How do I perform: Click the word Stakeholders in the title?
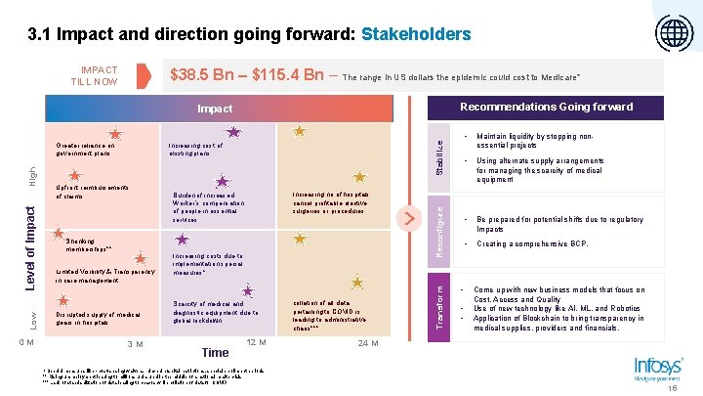[416, 35]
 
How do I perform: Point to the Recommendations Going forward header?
[546, 107]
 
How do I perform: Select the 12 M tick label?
[258, 341]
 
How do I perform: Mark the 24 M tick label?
[367, 343]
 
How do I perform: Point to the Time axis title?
[214, 352]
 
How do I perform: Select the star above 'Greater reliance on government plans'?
[115, 132]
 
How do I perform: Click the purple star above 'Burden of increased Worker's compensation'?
[223, 181]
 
